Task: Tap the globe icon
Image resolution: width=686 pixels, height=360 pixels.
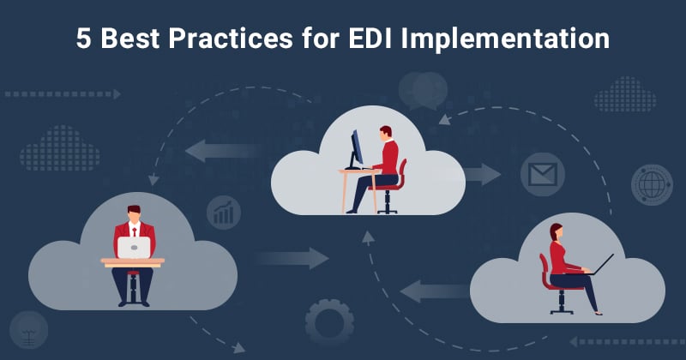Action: (x=651, y=183)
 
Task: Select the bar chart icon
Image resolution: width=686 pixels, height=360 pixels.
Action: (x=224, y=212)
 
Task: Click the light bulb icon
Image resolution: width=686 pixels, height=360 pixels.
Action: (x=30, y=328)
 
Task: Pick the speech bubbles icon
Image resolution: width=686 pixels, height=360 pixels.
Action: (x=421, y=88)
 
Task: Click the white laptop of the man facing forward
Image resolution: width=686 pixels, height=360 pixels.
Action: (x=134, y=248)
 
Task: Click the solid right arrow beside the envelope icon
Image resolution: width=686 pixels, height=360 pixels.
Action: (x=484, y=174)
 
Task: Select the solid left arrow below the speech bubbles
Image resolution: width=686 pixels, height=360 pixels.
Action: (x=210, y=152)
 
